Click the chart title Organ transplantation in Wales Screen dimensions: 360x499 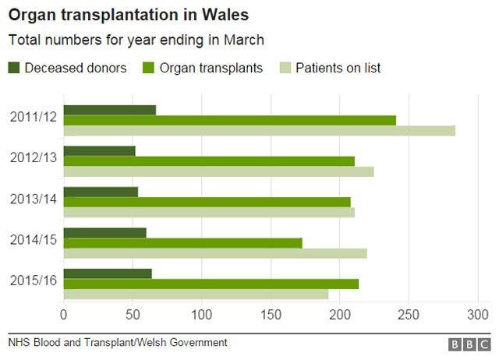pyautogui.click(x=129, y=16)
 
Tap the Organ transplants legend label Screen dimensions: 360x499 pyautogui.click(x=211, y=68)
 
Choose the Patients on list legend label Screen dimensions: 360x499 pyautogui.click(x=338, y=68)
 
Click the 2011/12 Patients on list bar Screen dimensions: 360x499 pyautogui.click(x=259, y=130)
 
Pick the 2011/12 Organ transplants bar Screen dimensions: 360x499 pyautogui.click(x=229, y=120)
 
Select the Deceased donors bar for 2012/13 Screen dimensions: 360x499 pyautogui.click(x=99, y=150)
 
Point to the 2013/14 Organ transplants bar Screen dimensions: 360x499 pyautogui.click(x=207, y=202)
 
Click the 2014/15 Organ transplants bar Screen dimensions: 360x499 pyautogui.click(x=182, y=242)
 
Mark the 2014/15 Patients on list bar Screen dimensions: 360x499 pyautogui.click(x=214, y=253)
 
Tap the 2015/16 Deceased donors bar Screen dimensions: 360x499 pyautogui.click(x=107, y=274)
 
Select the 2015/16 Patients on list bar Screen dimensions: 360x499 pyautogui.click(x=196, y=294)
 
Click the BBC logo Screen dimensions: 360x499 pyautogui.click(x=468, y=344)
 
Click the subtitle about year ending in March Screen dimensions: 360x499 pyautogui.click(x=136, y=40)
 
